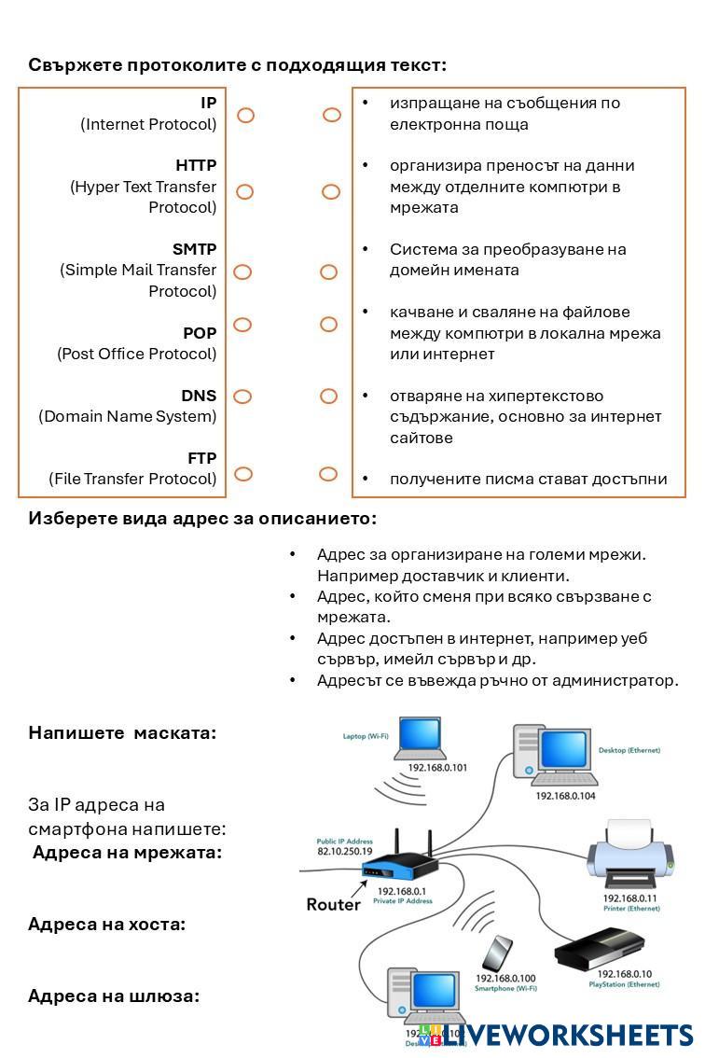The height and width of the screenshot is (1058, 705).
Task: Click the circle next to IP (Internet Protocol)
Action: [x=245, y=116]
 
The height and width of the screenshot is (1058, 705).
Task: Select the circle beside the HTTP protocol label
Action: [x=244, y=192]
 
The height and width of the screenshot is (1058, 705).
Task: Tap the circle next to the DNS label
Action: [x=242, y=397]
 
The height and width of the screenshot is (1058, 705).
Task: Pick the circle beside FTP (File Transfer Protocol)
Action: [x=243, y=474]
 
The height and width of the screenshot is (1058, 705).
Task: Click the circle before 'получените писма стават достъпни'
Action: [x=328, y=475]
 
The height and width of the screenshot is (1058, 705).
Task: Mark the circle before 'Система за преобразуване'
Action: [x=328, y=272]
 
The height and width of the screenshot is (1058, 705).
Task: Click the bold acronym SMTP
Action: [x=194, y=249]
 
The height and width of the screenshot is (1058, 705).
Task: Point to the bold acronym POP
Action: [x=200, y=333]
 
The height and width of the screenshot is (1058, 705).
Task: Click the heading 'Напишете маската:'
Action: [x=122, y=733]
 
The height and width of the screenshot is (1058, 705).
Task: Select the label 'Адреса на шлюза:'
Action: [x=114, y=996]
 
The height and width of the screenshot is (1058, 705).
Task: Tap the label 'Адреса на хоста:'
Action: [x=107, y=925]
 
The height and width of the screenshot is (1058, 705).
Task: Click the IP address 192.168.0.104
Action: [x=565, y=796]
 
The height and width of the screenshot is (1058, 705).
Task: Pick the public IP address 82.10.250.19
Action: [x=345, y=852]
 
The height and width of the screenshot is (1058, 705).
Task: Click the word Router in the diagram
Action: [x=333, y=905]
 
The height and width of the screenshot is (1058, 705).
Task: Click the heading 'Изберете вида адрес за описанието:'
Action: [x=202, y=519]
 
